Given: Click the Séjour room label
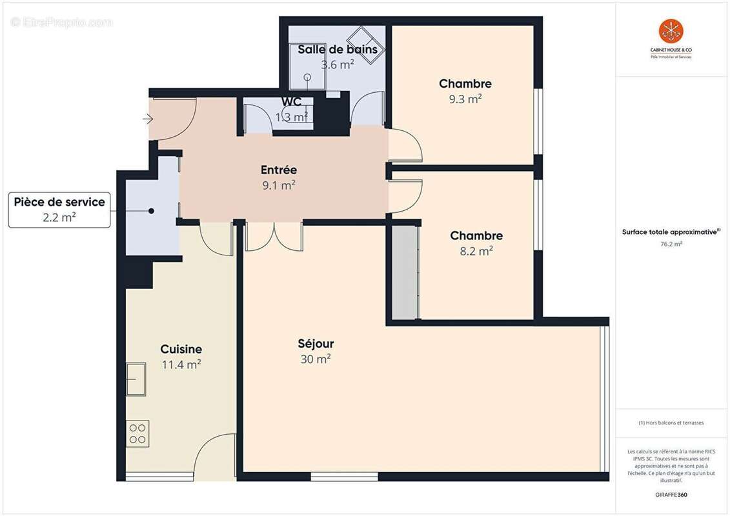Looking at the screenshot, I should (316, 344).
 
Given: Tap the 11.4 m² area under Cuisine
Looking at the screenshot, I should (181, 364).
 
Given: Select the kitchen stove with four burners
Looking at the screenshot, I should (137, 433).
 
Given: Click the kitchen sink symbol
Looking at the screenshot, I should (136, 379).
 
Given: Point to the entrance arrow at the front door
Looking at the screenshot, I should (148, 119).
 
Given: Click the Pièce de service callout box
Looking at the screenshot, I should (59, 210).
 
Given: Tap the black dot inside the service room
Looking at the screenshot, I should (151, 211).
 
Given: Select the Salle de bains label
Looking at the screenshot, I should (337, 50).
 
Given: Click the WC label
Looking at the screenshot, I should (291, 103).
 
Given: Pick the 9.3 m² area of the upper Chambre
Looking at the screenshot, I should (465, 99).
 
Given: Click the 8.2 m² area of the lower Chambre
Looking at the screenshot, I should (476, 251).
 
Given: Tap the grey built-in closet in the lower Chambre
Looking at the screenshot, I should (405, 272).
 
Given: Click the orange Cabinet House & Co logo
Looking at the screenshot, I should (671, 31).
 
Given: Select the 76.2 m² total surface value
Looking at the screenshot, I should (671, 244).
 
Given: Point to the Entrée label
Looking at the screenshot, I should (278, 170).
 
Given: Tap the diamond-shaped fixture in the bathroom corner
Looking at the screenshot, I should (366, 45).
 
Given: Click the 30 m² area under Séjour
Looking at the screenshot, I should (316, 359).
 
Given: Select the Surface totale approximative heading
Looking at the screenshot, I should (671, 232).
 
